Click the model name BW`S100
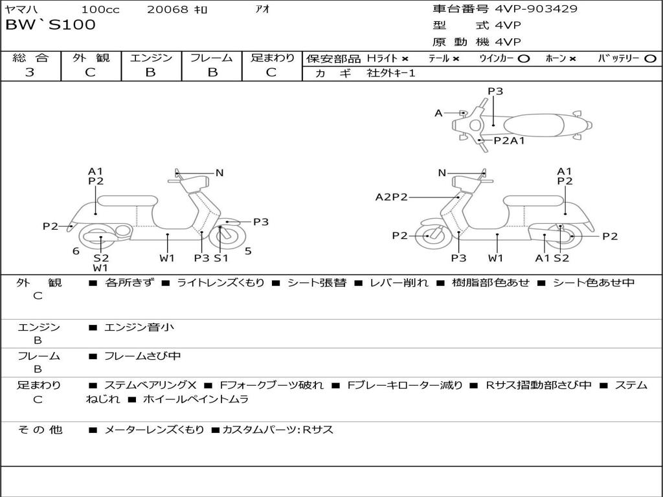tap(51, 25)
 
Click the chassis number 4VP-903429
tap(536, 9)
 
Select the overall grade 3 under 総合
tap(30, 72)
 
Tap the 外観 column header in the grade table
tap(91, 58)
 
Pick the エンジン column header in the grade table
tap(151, 58)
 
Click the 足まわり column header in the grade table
tap(273, 58)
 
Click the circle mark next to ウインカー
tap(523, 59)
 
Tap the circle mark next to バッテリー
tap(650, 59)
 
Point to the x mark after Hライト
tap(405, 59)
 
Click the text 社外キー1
tap(391, 73)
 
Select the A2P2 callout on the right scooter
tap(392, 197)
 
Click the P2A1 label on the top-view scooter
tap(509, 140)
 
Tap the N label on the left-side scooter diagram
tap(219, 173)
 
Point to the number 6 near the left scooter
tap(76, 251)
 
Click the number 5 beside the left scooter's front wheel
tap(248, 251)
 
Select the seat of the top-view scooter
tap(534, 125)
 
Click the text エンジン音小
tap(139, 327)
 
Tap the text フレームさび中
tap(142, 357)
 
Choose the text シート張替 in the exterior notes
tap(317, 283)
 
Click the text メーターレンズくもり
tap(154, 430)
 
